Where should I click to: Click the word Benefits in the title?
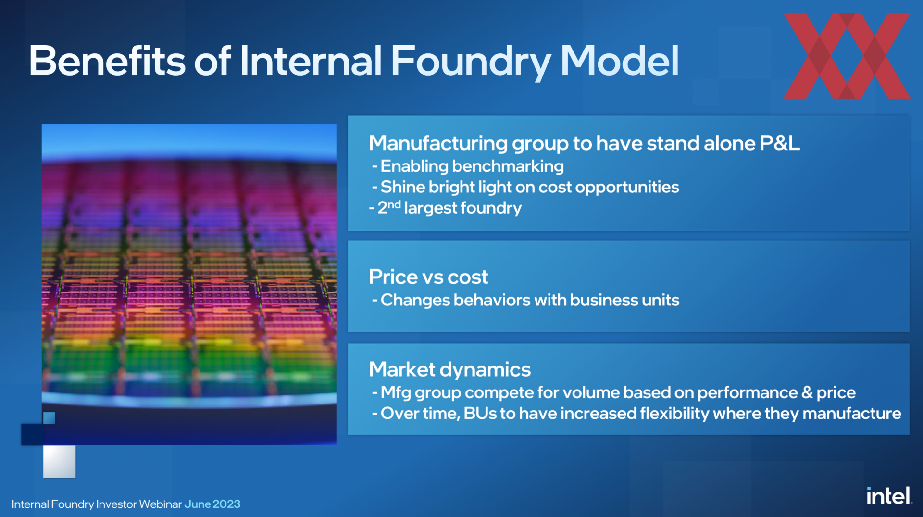107,61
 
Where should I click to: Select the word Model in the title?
619,61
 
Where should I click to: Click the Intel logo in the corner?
889,496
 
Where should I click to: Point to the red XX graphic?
847,56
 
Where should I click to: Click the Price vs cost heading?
428,277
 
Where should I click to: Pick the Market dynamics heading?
449,370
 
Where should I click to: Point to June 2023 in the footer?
212,504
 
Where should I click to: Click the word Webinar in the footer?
161,504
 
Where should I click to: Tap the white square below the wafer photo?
59,462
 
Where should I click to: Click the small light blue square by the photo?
49,418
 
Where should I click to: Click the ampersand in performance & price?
807,392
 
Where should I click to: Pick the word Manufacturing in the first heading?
438,144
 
